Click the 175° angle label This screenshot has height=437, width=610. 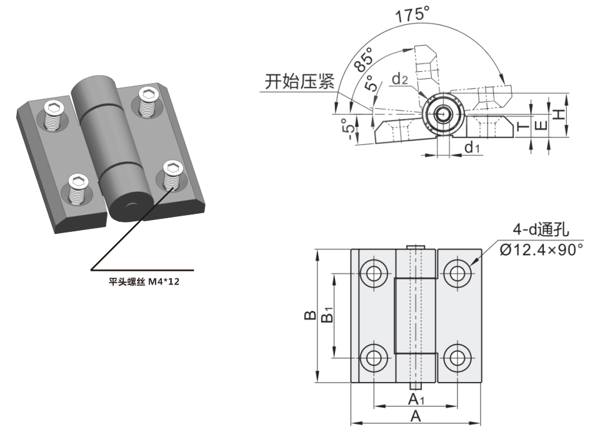pyautogui.click(x=412, y=14)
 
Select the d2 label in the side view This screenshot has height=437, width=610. pyautogui.click(x=400, y=79)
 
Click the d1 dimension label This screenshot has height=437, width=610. pyautogui.click(x=472, y=148)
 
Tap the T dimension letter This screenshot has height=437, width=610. pyautogui.click(x=523, y=129)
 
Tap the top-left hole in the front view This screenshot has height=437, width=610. pyautogui.click(x=374, y=273)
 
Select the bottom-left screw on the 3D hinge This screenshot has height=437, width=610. pyautogui.click(x=78, y=189)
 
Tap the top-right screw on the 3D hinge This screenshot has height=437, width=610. pyautogui.click(x=147, y=100)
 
